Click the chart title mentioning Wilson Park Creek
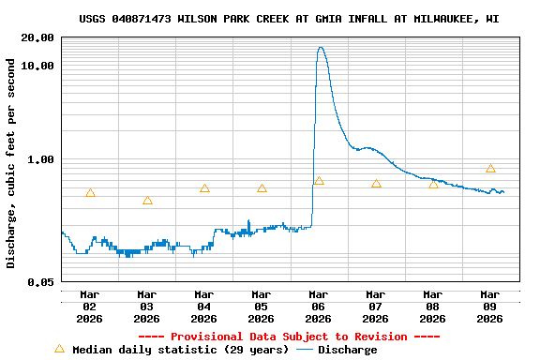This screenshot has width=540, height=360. click(x=289, y=19)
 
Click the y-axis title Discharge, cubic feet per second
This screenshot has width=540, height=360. click(x=11, y=163)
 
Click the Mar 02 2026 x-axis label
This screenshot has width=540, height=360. click(x=90, y=307)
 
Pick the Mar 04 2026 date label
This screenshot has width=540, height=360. click(x=204, y=307)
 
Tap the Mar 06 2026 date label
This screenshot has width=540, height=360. click(x=319, y=307)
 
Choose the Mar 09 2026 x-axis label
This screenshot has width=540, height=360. click(x=490, y=307)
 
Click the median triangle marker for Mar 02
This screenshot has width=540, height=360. click(x=90, y=193)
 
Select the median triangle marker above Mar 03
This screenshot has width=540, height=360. click(x=147, y=201)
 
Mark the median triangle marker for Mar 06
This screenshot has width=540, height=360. click(x=319, y=181)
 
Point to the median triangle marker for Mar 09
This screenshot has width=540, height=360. click(x=490, y=169)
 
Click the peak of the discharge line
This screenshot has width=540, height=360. click(x=321, y=48)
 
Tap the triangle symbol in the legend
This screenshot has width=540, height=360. click(x=60, y=349)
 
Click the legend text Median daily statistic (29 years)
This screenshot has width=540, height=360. click(x=181, y=350)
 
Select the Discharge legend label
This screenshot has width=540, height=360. click(x=348, y=350)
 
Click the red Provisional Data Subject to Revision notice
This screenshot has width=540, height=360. click(x=289, y=337)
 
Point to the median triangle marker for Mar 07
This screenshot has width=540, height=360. click(x=376, y=184)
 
